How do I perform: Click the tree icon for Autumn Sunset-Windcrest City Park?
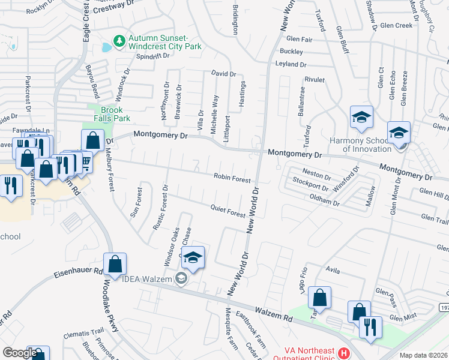coord(120,41)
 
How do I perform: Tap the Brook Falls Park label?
coord(112,114)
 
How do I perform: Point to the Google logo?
coord(19,353)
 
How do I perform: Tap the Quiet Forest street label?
coord(228,211)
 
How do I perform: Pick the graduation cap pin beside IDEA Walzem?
coord(193,258)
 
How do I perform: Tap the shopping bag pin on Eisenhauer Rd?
coord(115,264)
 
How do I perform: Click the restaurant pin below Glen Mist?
coord(370,328)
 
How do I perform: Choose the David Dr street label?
coord(223,74)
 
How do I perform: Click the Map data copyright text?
coord(423,355)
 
